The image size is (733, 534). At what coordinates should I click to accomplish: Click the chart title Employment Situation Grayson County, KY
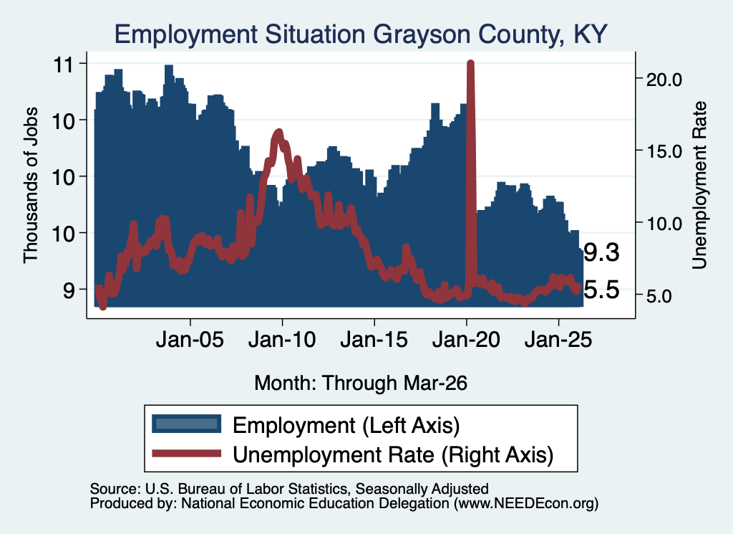point(361,34)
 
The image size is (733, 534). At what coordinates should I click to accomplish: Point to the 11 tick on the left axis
point(64,65)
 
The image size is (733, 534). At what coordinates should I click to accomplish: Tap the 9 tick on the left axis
point(69,290)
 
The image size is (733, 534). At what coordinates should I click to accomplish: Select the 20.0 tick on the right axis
point(664,80)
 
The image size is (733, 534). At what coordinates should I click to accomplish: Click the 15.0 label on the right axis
point(664,151)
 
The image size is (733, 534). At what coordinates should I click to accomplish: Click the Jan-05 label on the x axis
point(190,339)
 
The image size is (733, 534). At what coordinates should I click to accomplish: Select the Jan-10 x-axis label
point(282,339)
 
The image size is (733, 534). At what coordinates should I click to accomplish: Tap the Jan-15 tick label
point(374,339)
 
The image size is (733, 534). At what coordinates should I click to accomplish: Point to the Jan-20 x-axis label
point(466,339)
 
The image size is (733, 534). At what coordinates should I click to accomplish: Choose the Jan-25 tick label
point(558,339)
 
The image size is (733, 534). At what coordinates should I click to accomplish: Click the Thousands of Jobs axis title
point(30,186)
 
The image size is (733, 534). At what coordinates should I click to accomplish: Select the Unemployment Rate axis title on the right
point(699,186)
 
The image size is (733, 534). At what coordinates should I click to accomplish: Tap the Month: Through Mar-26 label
point(361,383)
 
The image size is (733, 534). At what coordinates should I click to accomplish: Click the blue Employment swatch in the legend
point(187,424)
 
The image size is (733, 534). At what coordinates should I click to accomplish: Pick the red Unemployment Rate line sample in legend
point(187,453)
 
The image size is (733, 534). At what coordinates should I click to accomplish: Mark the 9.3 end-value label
point(601,253)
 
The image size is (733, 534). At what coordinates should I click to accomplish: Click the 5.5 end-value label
point(601,290)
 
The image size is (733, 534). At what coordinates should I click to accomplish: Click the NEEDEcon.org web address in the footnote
point(525,504)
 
